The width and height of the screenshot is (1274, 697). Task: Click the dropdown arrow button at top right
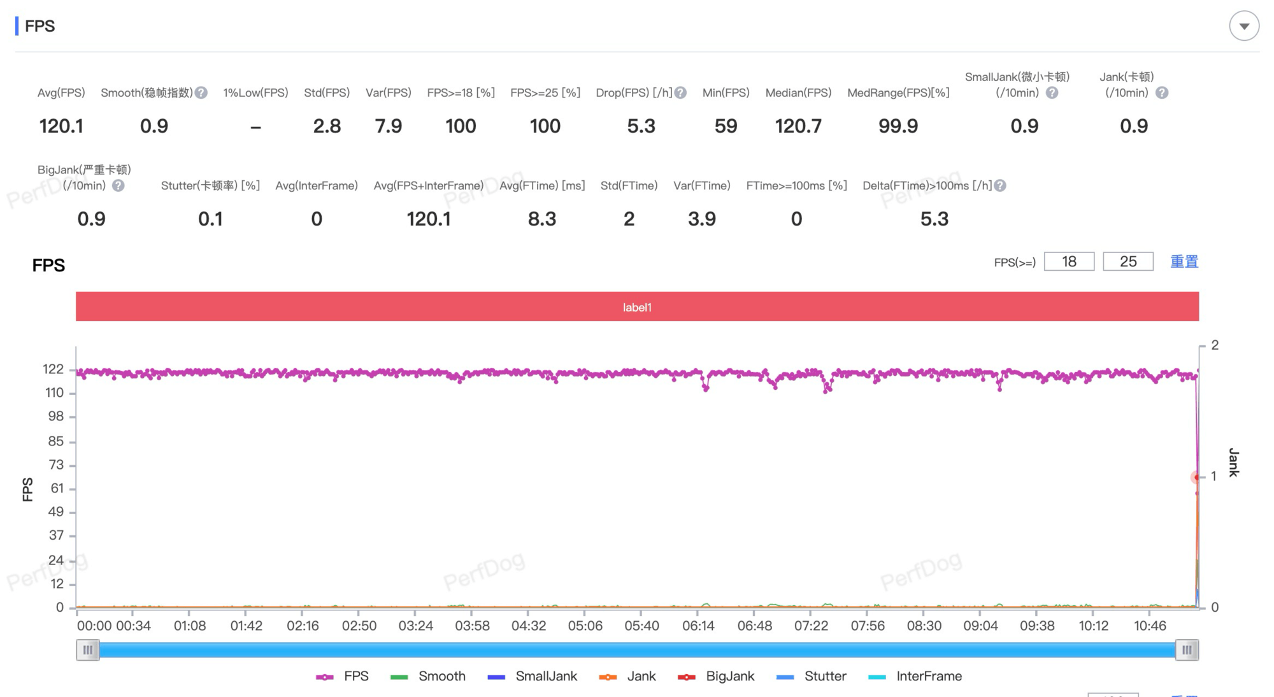1243,26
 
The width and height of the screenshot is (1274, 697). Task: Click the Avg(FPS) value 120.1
61,126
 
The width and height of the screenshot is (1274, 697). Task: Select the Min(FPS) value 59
726,126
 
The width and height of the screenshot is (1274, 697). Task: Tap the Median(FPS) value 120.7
798,126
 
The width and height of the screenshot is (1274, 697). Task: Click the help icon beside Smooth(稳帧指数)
201,93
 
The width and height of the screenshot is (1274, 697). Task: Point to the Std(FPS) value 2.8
327,126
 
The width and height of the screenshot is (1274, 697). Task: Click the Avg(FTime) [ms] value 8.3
542,219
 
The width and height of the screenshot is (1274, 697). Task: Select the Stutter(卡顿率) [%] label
210,185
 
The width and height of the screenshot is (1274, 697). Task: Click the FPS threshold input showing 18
1069,262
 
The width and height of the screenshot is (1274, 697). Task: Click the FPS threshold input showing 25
1127,262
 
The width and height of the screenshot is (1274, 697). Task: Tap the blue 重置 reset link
1184,262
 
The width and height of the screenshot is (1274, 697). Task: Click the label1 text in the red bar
637,307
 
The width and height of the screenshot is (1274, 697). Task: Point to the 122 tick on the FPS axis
54,370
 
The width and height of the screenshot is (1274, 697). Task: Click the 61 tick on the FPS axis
57,489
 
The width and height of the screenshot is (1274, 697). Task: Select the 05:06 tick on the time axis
585,626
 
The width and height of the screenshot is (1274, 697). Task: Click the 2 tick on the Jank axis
1215,345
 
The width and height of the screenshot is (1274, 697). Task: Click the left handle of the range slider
88,650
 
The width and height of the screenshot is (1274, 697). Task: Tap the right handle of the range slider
1187,650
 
